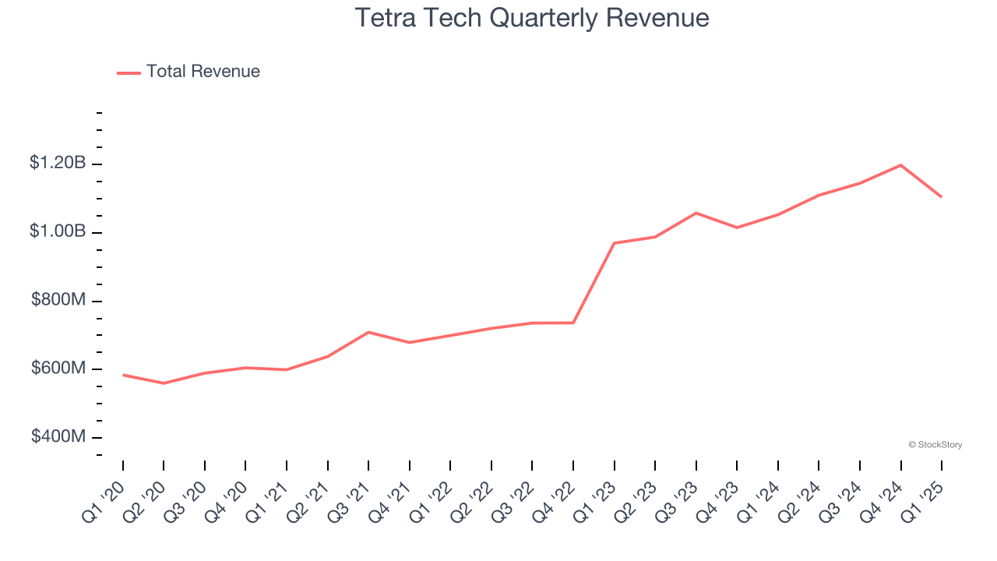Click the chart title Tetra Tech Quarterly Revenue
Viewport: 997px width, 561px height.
click(532, 18)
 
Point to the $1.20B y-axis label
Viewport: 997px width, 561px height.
click(58, 164)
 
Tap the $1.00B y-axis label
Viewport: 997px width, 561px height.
click(58, 231)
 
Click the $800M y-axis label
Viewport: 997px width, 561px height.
click(58, 300)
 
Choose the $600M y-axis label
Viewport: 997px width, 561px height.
click(58, 368)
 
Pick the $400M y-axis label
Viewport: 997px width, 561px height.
click(58, 436)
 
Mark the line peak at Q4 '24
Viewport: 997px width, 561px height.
click(900, 165)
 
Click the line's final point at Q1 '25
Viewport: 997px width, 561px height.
click(942, 196)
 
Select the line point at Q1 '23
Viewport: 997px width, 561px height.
click(615, 243)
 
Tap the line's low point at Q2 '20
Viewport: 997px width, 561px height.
click(164, 383)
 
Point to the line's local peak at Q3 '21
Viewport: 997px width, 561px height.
click(368, 332)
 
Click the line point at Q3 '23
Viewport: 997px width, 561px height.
click(696, 213)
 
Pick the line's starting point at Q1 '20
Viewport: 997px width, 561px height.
click(123, 375)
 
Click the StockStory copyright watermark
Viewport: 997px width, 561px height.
click(935, 445)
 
